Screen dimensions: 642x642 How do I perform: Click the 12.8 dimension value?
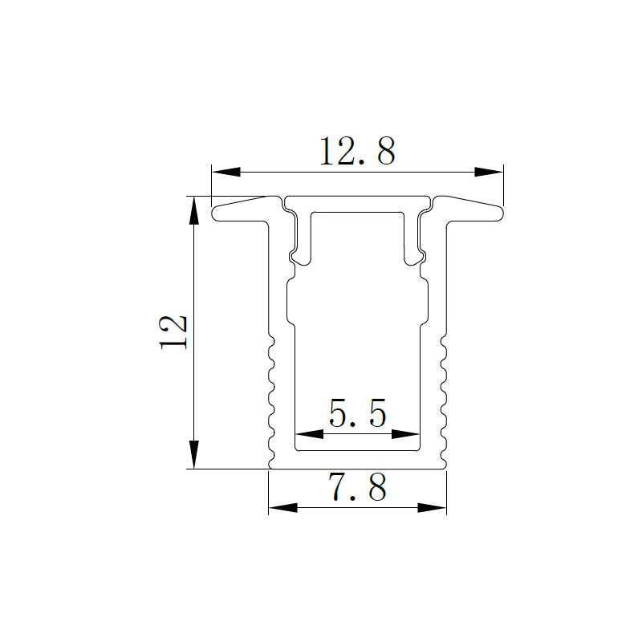click(357, 151)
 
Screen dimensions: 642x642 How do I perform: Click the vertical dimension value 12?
click(174, 331)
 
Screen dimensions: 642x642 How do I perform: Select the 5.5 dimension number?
click(358, 415)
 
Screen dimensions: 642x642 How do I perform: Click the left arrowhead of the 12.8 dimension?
click(225, 172)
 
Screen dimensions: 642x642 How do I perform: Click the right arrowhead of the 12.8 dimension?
click(488, 172)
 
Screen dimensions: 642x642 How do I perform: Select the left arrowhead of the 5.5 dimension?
click(309, 434)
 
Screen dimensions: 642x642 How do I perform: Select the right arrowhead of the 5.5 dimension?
click(407, 434)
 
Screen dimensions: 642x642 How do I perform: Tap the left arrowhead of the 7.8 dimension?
click(282, 507)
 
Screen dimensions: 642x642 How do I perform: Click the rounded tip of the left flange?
click(216, 213)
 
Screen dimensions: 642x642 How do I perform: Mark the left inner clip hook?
click(299, 257)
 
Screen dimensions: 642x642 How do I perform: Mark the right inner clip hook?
click(415, 257)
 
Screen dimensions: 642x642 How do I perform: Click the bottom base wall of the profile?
click(357, 460)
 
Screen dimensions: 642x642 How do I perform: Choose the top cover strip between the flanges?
click(357, 201)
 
